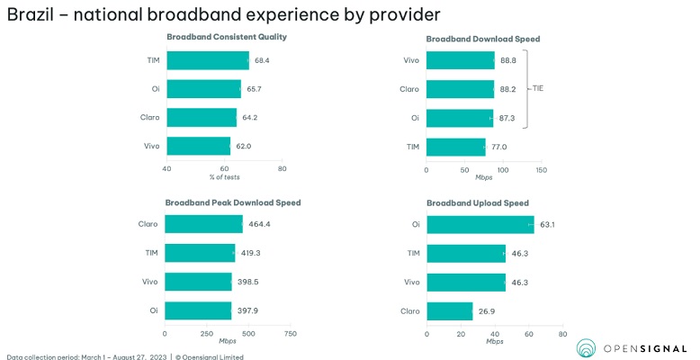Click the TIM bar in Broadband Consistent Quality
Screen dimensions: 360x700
tap(208, 60)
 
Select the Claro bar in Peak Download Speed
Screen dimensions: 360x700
tap(204, 224)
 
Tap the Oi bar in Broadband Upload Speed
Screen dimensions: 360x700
tap(480, 224)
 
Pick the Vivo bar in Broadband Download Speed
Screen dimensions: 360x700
tap(461, 60)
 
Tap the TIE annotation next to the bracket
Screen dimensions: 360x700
tap(538, 88)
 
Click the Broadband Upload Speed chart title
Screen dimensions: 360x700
tap(477, 202)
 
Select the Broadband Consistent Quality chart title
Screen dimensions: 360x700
tap(227, 36)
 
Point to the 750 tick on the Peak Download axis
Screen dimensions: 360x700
tap(290, 333)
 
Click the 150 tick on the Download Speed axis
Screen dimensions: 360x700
tap(541, 169)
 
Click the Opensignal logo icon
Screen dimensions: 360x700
tap(586, 348)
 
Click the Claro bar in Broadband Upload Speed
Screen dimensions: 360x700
tap(450, 310)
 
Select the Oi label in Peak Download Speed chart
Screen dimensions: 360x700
tap(153, 310)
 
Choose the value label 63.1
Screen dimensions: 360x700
tap(547, 224)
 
